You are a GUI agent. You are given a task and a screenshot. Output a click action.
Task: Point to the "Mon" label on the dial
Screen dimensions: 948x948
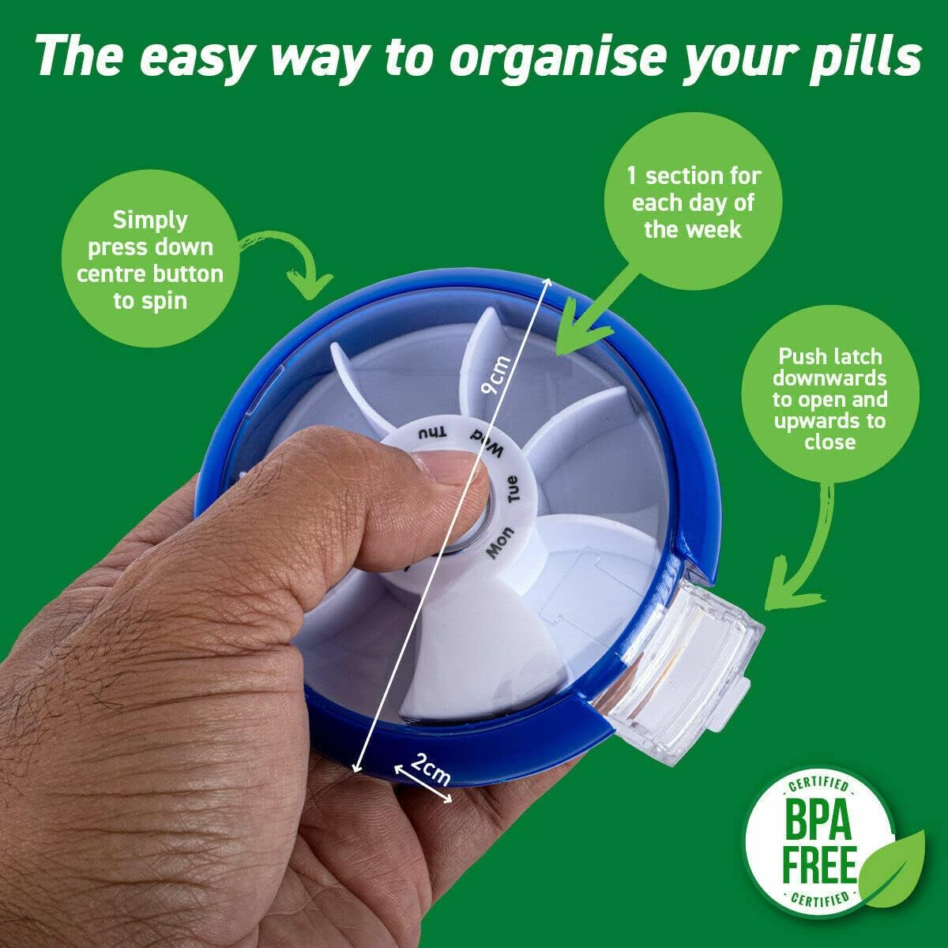click(500, 544)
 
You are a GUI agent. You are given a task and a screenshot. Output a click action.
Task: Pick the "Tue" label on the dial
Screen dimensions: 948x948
click(513, 490)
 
